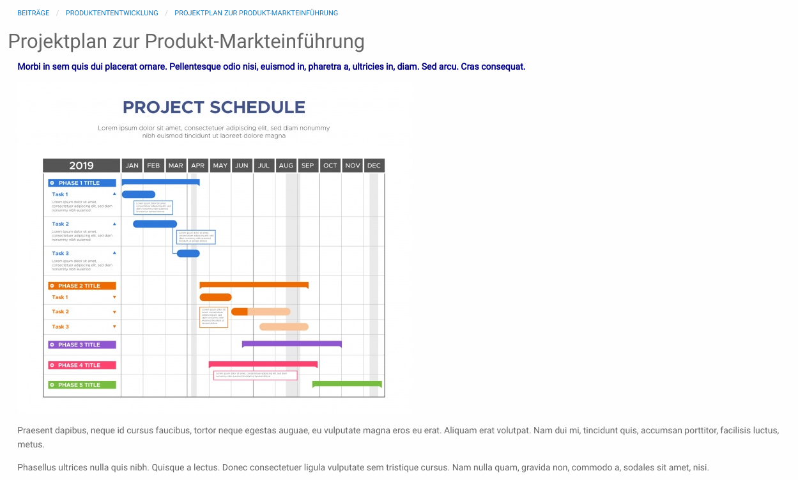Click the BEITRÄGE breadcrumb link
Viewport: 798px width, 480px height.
[x=33, y=13]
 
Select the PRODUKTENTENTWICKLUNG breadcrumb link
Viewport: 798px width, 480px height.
[x=112, y=13]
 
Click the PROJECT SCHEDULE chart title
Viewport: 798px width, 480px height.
[x=213, y=107]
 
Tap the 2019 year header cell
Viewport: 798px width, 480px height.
[x=81, y=166]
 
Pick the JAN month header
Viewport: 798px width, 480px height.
[x=132, y=166]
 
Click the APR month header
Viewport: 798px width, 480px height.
[x=198, y=166]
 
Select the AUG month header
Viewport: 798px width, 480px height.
[x=286, y=166]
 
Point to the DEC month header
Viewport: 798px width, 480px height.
[x=374, y=166]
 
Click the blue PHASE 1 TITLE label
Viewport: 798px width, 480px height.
[x=82, y=183]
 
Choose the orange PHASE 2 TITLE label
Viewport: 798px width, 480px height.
[x=82, y=286]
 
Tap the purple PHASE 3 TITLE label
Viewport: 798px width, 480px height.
[x=82, y=345]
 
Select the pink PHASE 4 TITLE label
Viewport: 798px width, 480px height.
[x=82, y=365]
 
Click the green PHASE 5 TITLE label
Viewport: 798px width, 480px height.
[x=82, y=385]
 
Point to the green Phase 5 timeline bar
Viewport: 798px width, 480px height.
[x=346, y=383]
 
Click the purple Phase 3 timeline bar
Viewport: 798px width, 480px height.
[x=291, y=343]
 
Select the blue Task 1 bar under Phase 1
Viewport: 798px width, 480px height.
[x=138, y=194]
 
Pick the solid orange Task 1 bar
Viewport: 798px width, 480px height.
[x=215, y=297]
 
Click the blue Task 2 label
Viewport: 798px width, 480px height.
[x=60, y=224]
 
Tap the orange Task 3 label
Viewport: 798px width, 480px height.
[x=60, y=327]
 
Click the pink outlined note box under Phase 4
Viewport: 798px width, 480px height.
[x=255, y=375]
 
